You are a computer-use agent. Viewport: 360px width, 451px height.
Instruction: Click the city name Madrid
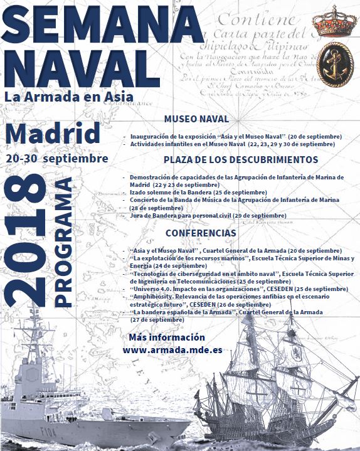[x=53, y=133]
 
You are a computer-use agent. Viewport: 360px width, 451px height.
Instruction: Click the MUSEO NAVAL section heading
[x=196, y=119]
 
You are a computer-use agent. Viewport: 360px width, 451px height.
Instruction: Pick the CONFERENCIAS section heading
[x=196, y=233]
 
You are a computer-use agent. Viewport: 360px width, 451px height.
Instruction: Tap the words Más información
[x=157, y=338]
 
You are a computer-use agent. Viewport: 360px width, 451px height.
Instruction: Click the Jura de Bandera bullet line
[x=208, y=215]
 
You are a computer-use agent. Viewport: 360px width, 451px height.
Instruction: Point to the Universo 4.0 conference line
[x=238, y=289]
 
